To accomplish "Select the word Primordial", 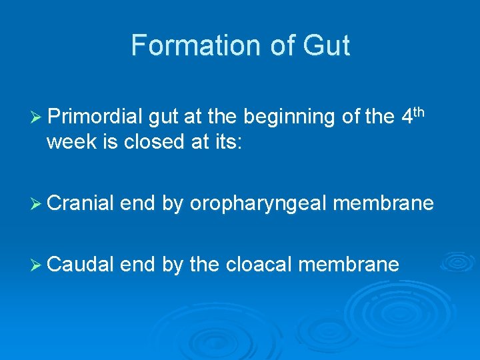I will (95, 117).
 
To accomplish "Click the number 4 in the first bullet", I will (408, 117).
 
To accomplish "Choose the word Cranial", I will (81, 203).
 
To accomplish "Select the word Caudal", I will (81, 265).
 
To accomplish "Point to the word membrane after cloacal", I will (349, 265).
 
